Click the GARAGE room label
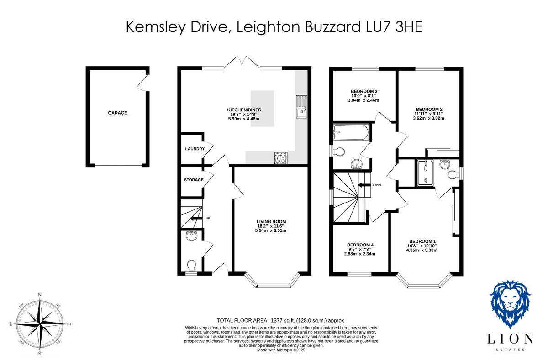(x=117, y=113)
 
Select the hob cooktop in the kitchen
(x=282, y=157)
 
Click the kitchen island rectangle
(x=262, y=109)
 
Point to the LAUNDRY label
(x=194, y=149)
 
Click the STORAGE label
(x=194, y=180)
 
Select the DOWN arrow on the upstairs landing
(x=364, y=185)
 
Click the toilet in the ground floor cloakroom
(x=192, y=265)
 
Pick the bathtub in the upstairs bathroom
(x=351, y=133)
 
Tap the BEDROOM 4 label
(x=360, y=245)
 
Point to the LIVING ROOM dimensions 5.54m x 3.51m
(x=270, y=230)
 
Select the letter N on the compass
(x=40, y=295)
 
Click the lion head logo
(x=510, y=303)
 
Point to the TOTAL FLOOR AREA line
(x=280, y=321)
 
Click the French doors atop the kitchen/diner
(x=242, y=63)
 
